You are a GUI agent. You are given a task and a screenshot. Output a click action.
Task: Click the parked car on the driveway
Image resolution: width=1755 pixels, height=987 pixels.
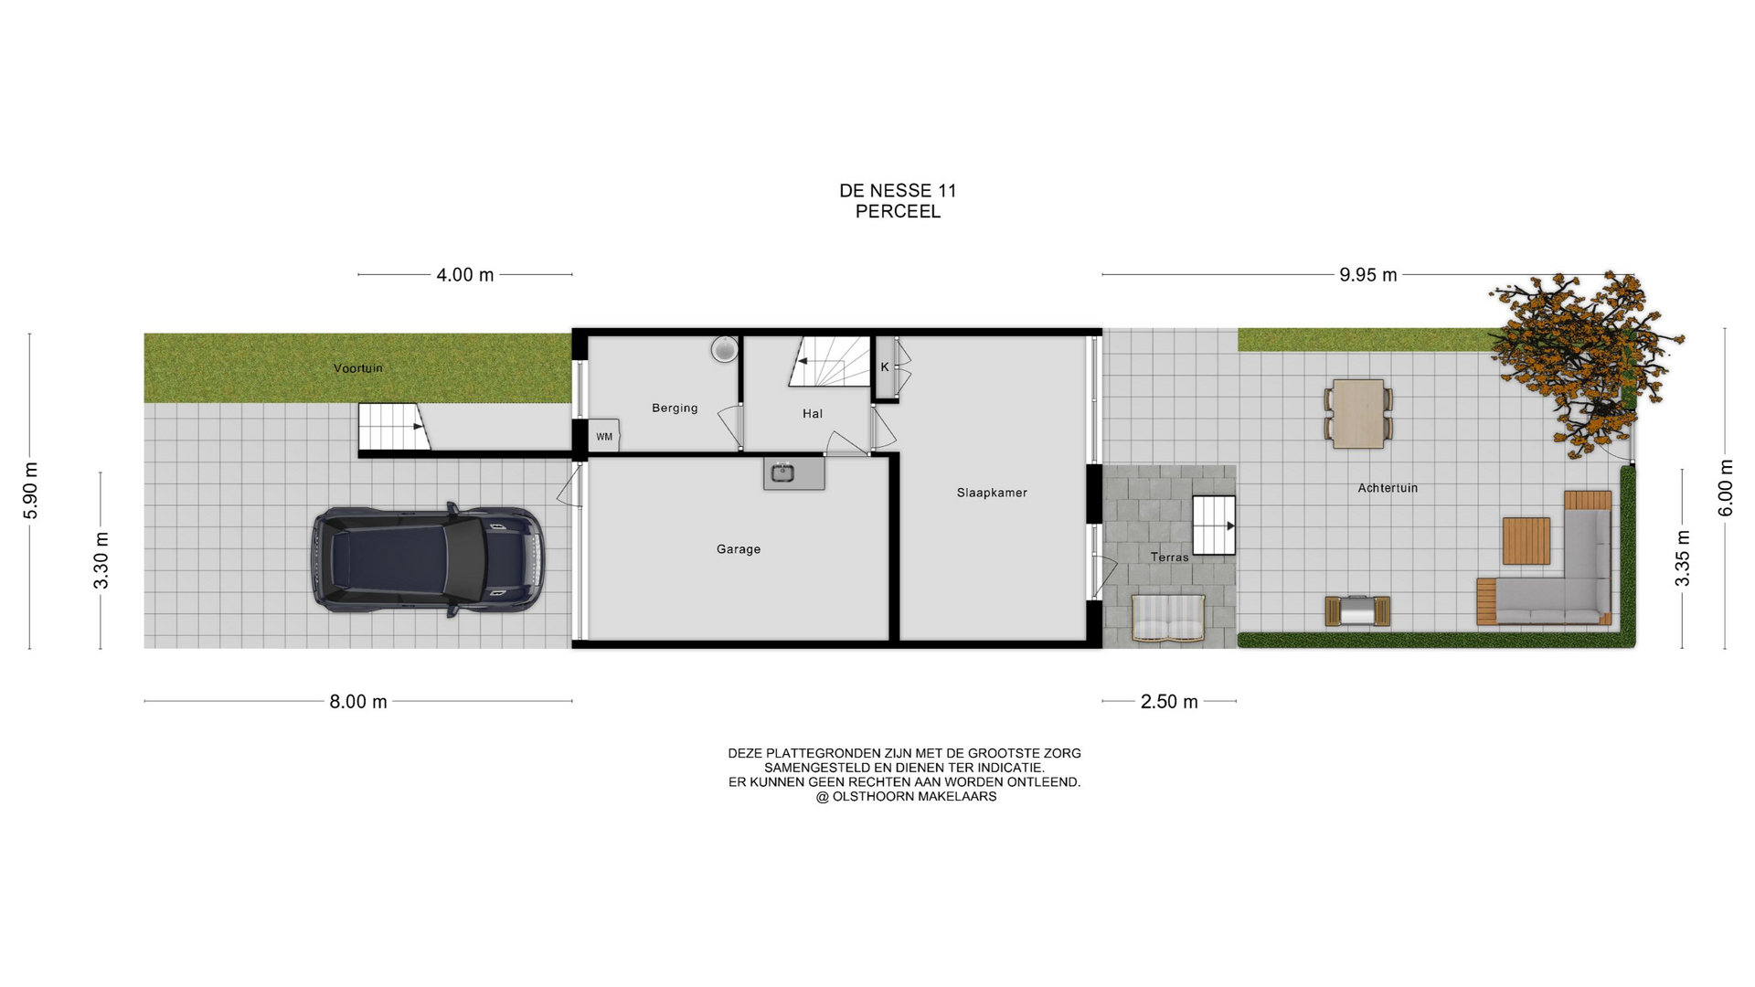pos(428,558)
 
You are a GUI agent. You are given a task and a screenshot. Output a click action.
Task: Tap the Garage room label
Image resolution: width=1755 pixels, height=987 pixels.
pos(739,549)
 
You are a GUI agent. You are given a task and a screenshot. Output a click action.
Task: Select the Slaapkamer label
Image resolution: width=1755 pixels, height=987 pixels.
pos(992,493)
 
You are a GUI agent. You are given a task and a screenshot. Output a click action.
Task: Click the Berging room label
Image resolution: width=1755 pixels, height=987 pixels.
pos(675,408)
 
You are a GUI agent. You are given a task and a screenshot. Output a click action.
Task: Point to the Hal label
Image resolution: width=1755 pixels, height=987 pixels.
pos(813,414)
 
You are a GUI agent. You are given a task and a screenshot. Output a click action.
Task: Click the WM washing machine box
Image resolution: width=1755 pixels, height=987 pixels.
pos(604,436)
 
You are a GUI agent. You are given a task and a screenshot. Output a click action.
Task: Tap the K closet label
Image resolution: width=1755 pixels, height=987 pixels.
pos(885,367)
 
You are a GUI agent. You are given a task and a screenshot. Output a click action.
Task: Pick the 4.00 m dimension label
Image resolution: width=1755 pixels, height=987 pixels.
pos(465,275)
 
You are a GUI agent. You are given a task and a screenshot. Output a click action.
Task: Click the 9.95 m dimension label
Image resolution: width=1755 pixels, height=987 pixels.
pos(1368,275)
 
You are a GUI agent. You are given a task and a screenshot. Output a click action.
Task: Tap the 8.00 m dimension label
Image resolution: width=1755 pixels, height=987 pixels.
pos(358,702)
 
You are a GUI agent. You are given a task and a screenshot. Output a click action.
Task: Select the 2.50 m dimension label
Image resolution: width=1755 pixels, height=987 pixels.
pos(1169,702)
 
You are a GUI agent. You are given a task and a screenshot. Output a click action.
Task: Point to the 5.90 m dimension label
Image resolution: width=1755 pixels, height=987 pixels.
pos(31,490)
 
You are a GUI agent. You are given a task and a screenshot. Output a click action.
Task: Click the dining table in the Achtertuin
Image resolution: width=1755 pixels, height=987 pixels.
pos(1358,414)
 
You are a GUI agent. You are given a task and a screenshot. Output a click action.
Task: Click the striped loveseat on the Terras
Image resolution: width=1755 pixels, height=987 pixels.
pos(1168,619)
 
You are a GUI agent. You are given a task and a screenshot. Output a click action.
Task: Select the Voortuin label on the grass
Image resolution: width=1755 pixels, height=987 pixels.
pos(358,368)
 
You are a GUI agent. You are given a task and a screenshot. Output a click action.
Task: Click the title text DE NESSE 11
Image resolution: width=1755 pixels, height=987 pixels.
pos(898,191)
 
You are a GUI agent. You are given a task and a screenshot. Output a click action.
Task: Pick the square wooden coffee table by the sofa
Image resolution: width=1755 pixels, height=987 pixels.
pos(1526,541)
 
